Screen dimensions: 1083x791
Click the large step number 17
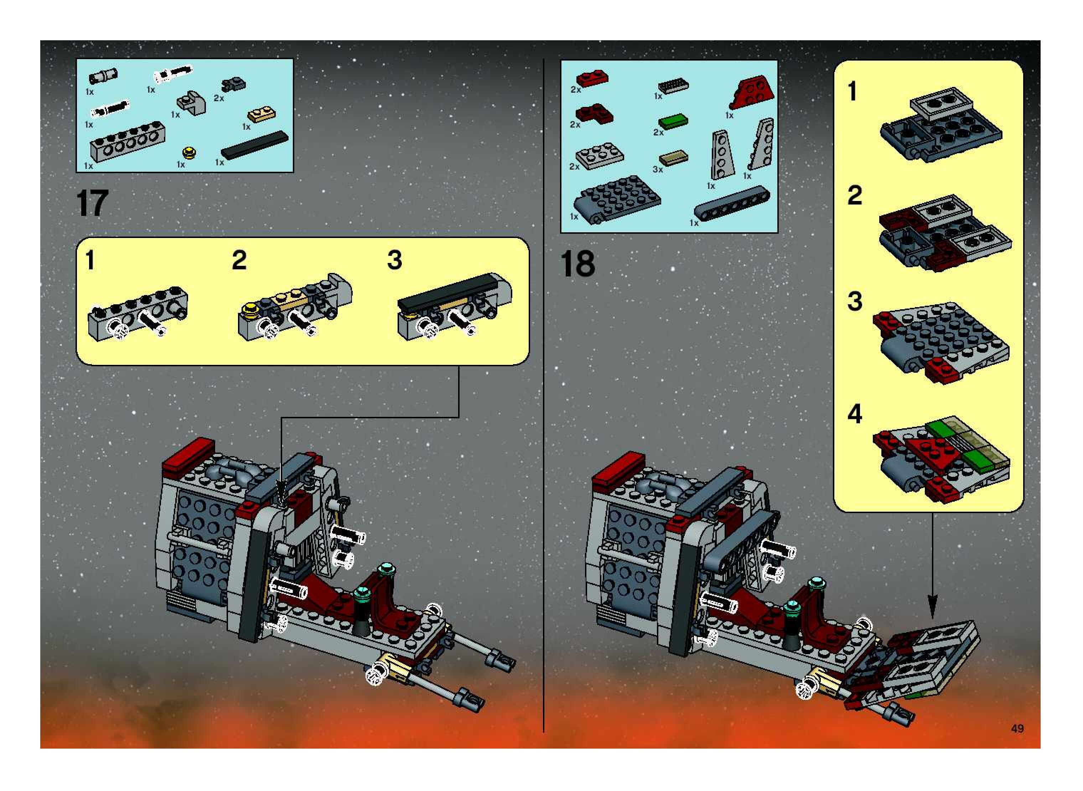[92, 203]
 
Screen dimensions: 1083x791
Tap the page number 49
[1017, 728]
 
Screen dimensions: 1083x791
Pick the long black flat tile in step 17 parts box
[255, 145]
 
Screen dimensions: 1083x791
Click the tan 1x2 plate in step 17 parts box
[262, 115]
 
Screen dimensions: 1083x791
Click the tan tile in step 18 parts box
[673, 159]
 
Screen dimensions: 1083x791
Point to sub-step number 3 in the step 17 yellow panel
[394, 260]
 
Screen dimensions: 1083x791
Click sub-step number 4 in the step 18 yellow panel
[854, 414]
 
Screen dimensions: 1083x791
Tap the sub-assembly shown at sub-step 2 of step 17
[295, 307]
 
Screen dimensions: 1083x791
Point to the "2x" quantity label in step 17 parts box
[219, 98]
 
